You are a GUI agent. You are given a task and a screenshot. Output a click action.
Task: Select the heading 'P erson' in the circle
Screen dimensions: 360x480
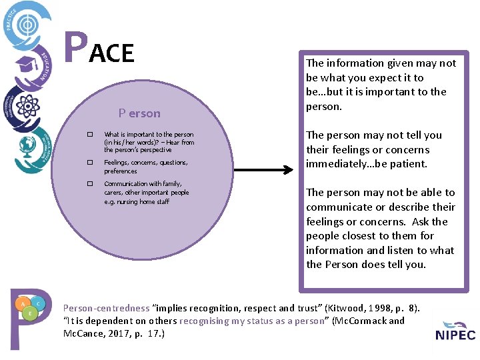[139, 113]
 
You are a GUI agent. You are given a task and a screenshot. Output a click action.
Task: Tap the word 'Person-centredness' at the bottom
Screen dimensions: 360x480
[106, 308]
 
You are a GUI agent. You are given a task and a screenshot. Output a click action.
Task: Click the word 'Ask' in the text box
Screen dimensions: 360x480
[419, 221]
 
